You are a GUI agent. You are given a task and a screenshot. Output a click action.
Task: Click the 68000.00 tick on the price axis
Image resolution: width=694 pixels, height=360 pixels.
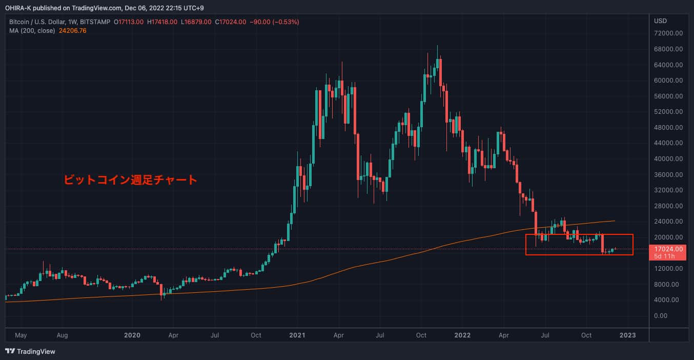(668, 49)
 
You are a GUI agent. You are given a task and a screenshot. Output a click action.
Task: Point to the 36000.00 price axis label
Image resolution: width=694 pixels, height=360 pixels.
(668, 174)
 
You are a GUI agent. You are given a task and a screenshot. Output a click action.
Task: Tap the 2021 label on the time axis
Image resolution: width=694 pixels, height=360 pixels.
(297, 335)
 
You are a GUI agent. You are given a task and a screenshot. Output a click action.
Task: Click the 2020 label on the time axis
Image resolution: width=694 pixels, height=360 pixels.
(132, 335)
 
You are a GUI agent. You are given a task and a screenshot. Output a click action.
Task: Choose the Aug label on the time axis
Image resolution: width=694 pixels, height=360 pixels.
(62, 335)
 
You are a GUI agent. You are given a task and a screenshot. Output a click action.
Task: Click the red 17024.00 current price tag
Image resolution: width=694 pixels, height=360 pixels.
(668, 249)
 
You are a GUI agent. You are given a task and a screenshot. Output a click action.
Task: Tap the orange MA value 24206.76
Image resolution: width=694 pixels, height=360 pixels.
(73, 31)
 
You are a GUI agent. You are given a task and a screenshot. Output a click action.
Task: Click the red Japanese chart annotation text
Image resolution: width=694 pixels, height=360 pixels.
(130, 180)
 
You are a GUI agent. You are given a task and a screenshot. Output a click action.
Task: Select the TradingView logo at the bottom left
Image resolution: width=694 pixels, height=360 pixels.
(30, 352)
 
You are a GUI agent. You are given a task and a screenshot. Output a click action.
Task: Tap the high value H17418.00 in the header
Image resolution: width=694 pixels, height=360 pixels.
(162, 22)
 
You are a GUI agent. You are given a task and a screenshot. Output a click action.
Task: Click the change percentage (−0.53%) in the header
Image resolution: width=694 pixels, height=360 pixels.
(283, 22)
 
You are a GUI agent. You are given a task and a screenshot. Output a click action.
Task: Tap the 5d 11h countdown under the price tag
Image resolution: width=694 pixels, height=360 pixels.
(665, 255)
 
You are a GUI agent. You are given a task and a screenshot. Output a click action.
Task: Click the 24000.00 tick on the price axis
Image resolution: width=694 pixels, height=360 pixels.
(668, 222)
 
